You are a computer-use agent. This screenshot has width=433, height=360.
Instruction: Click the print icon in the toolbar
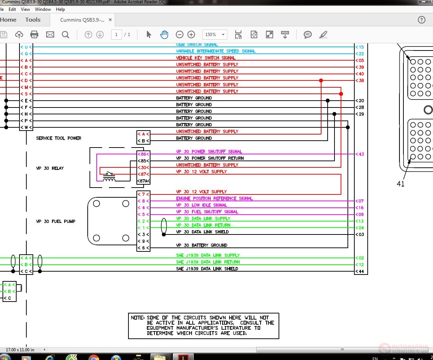(x=34, y=35)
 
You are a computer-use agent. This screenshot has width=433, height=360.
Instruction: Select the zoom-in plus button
(x=191, y=35)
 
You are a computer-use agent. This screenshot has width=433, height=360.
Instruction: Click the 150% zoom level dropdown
(x=215, y=35)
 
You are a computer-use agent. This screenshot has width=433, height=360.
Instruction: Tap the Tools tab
(x=33, y=20)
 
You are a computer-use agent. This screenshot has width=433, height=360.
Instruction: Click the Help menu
(x=60, y=9)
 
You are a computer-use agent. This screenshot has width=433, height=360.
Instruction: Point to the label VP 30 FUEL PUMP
(x=56, y=221)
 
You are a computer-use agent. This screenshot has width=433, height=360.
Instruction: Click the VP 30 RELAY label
(x=50, y=168)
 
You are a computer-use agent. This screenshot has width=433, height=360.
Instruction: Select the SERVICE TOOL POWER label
(x=58, y=138)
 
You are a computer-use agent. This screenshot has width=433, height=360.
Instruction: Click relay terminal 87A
(x=143, y=181)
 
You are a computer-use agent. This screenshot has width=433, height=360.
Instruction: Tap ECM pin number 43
(x=361, y=154)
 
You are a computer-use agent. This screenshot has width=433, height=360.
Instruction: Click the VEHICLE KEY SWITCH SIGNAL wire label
(x=206, y=58)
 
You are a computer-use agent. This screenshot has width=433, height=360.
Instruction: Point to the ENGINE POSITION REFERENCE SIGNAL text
(x=214, y=198)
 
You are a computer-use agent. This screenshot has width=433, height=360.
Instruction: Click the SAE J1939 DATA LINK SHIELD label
(x=207, y=269)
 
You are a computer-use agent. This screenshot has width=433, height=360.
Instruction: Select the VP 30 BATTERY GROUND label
(x=201, y=245)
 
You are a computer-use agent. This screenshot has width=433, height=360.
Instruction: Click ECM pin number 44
(x=361, y=272)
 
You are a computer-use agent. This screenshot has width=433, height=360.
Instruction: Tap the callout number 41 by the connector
(x=401, y=184)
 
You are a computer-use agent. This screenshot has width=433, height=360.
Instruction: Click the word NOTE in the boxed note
(x=137, y=318)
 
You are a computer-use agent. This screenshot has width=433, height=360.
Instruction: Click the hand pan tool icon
(x=164, y=35)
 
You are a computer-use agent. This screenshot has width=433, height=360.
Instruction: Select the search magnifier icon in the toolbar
(x=65, y=35)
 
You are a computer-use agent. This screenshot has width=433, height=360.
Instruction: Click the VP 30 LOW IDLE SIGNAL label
(x=201, y=205)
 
